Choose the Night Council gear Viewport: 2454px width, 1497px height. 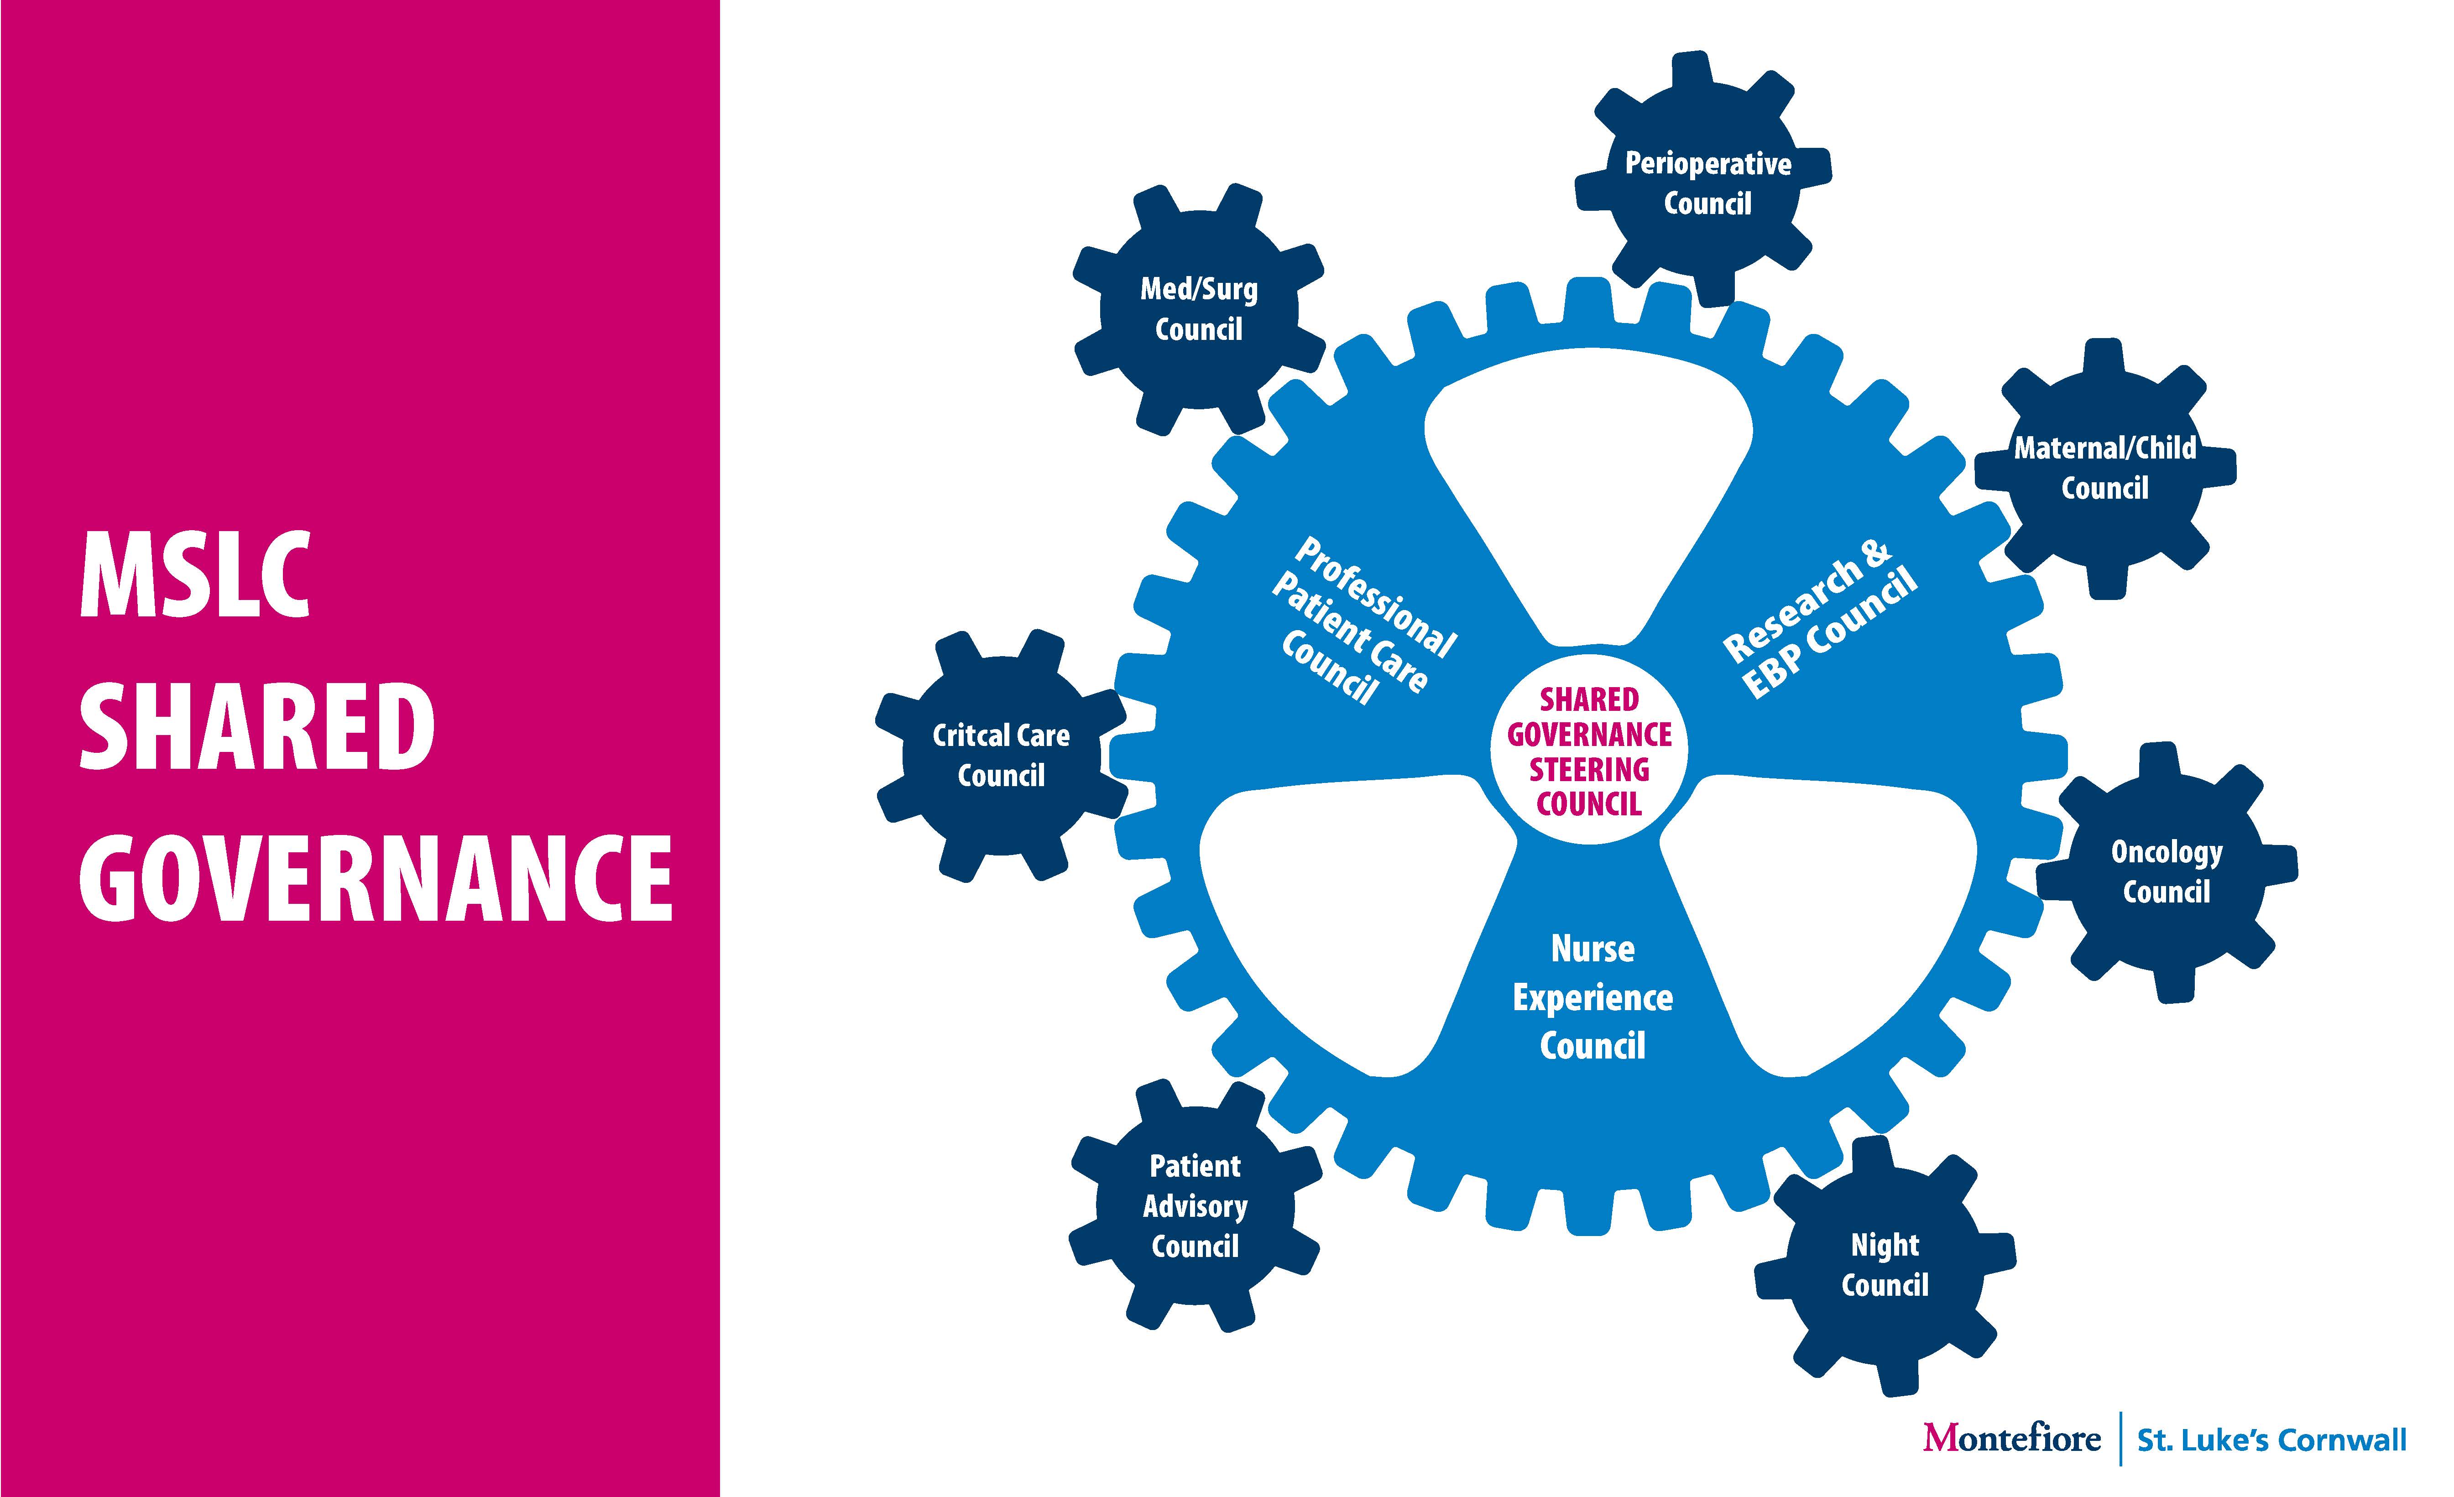1885,1265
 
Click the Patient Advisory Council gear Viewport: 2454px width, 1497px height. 1195,1205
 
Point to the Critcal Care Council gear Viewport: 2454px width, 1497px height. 1001,755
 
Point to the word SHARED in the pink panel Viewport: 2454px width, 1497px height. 257,727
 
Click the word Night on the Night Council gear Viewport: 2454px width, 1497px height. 1885,1245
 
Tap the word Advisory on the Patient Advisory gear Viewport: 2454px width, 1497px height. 1195,1206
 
